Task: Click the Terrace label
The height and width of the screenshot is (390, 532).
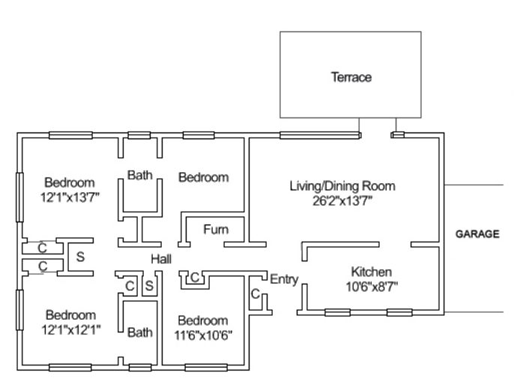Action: [351, 77]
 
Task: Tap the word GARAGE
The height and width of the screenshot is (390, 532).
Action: [477, 234]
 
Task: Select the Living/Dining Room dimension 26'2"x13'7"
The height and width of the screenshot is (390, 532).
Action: [342, 201]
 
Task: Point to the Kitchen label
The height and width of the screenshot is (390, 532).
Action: [371, 272]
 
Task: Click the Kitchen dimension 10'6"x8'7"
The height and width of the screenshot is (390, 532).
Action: [372, 287]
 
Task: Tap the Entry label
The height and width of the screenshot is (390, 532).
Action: [284, 279]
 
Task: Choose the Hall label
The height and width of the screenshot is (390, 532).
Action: [161, 259]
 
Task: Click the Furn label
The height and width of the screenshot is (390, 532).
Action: [216, 229]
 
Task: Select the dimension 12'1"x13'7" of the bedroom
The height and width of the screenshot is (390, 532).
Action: [70, 197]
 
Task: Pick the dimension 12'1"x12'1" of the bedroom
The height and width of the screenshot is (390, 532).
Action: [71, 329]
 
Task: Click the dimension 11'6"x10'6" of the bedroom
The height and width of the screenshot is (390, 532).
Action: [203, 335]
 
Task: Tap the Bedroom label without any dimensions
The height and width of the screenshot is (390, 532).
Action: [204, 177]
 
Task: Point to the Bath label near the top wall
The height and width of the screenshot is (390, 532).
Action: [140, 175]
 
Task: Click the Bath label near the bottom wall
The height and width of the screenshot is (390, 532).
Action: [140, 332]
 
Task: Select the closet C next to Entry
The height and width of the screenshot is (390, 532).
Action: [256, 293]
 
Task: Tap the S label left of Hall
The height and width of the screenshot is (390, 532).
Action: [80, 257]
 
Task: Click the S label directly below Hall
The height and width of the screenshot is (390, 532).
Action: [149, 286]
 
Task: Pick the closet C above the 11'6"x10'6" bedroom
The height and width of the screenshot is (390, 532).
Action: [195, 278]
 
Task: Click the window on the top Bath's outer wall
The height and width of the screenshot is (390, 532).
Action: [139, 135]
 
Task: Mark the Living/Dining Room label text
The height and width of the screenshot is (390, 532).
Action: [342, 186]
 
